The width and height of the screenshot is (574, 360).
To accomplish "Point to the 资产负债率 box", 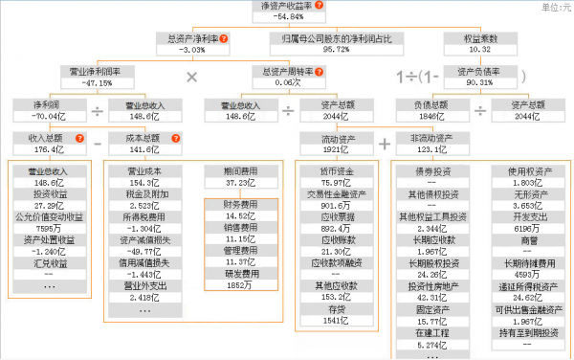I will pyautogui.click(x=481, y=76).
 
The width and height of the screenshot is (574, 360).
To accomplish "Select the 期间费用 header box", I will pyautogui.click(x=240, y=175).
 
